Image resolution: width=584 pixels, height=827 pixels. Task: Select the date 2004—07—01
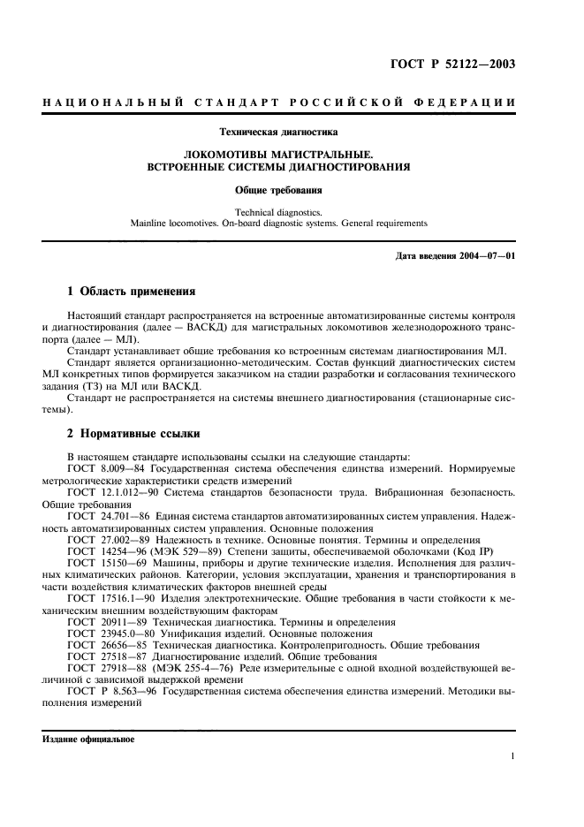[x=488, y=256]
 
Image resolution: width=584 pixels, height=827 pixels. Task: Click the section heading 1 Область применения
[x=131, y=291]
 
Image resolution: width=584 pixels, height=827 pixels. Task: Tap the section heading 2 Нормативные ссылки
[x=133, y=434]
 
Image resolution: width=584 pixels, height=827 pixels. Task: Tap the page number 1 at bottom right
[x=512, y=756]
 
